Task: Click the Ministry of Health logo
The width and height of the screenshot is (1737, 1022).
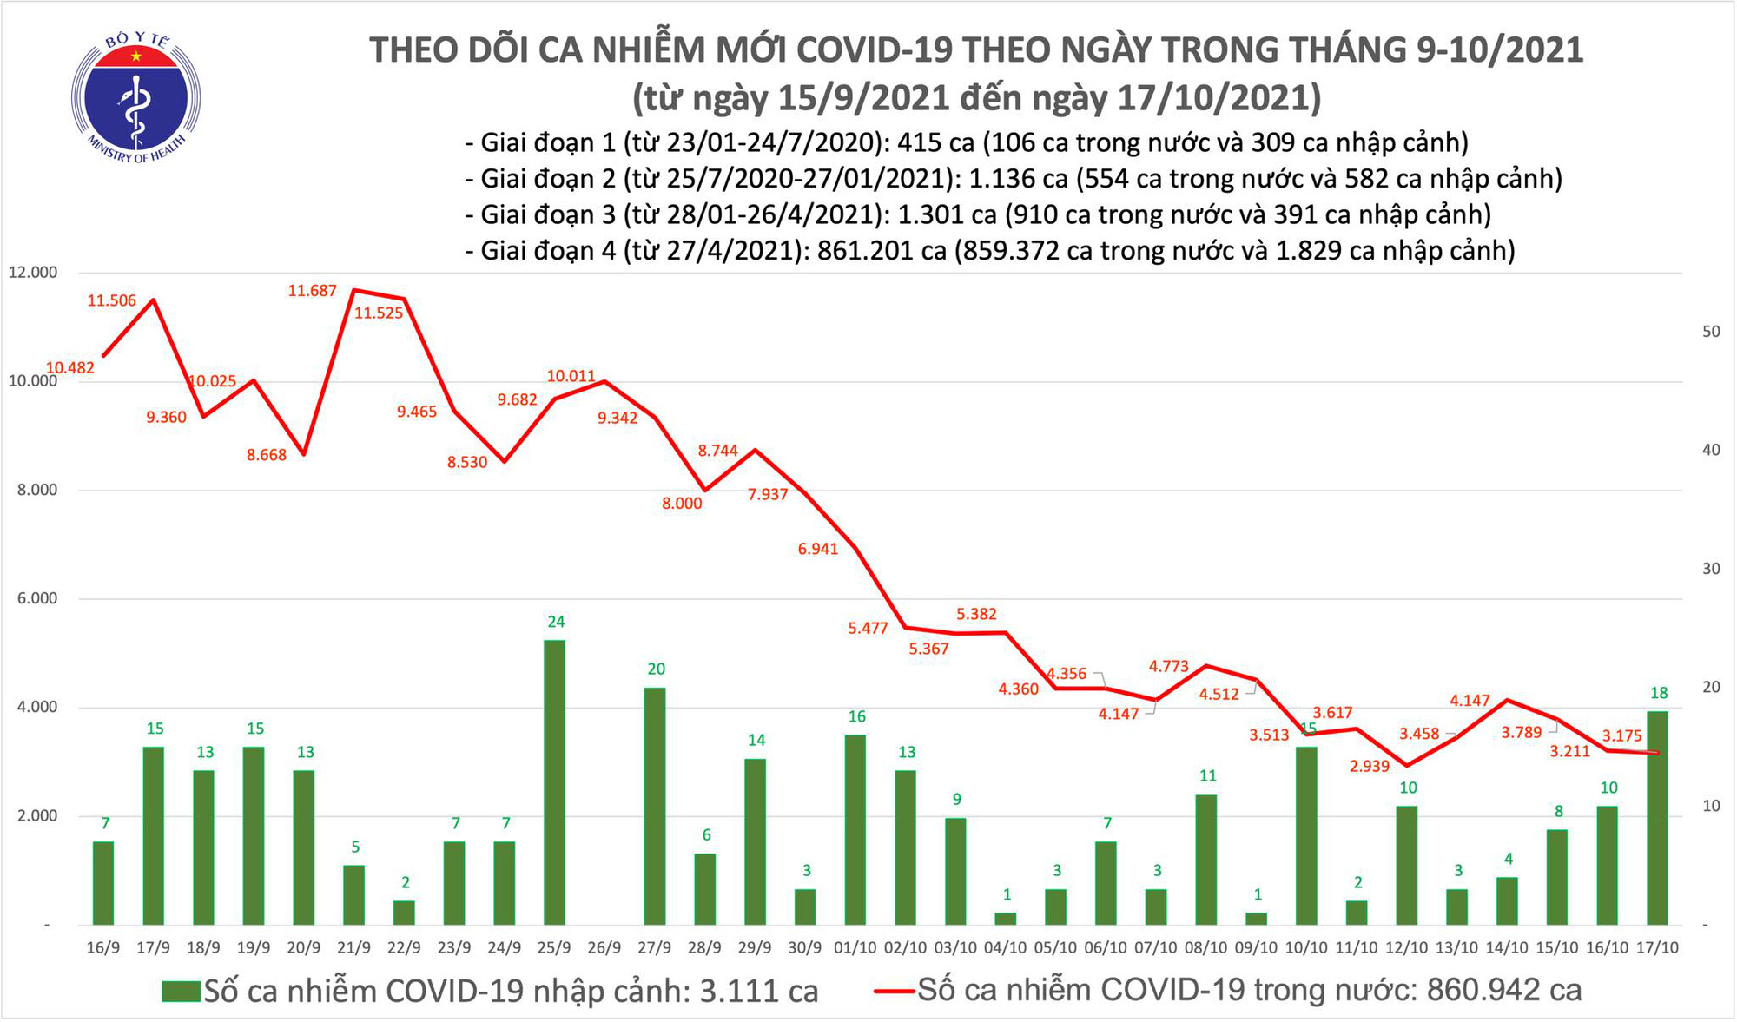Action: point(135,98)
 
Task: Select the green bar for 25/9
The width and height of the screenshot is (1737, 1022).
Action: point(554,781)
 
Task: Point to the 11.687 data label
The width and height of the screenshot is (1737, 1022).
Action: point(312,291)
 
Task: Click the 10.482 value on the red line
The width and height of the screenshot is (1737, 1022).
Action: point(69,368)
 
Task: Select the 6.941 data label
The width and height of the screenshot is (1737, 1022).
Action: point(818,549)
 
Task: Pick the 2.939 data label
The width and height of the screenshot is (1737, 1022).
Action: point(1370,766)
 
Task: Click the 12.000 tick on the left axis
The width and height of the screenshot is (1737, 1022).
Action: point(32,273)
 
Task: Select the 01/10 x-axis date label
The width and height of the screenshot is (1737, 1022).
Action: point(855,948)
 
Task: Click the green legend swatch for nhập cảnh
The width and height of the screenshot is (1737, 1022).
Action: point(181,992)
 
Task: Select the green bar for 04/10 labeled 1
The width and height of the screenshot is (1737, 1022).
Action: point(1005,919)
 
